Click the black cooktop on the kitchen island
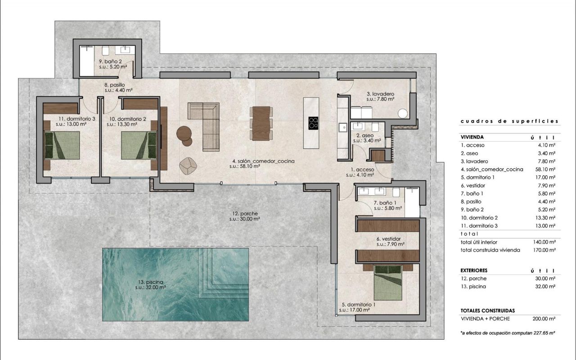[313, 123]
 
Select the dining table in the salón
[261, 123]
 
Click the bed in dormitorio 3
[62, 145]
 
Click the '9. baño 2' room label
[110, 62]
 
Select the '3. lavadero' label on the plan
[380, 94]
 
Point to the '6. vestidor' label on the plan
[388, 239]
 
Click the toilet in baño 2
[105, 51]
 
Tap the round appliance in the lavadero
[403, 113]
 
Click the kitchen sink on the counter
[343, 127]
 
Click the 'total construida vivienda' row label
[490, 250]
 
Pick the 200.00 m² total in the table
[544, 319]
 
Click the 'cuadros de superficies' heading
[509, 121]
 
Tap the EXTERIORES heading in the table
[474, 270]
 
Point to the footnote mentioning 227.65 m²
[508, 333]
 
